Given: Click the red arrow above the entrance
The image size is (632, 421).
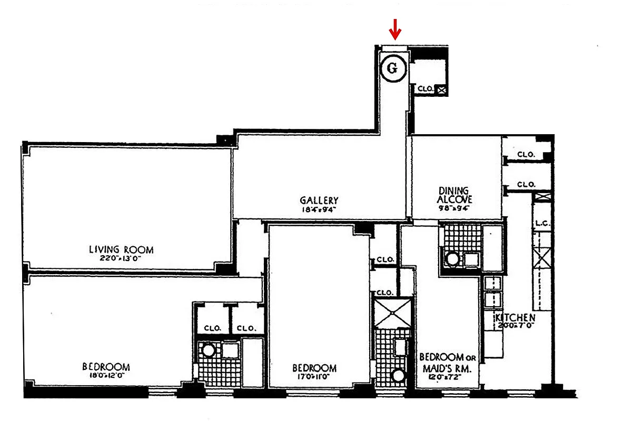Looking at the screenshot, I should click(x=395, y=32).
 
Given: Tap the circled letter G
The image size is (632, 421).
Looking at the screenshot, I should click(x=394, y=68).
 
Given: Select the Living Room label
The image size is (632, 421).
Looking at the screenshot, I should click(x=121, y=249).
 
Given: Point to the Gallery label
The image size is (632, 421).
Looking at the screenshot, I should click(x=319, y=201).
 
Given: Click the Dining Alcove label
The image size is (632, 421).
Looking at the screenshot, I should click(x=455, y=195).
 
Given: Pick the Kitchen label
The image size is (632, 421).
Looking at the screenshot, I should click(x=515, y=318).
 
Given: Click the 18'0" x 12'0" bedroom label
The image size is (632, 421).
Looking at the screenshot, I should click(x=106, y=367).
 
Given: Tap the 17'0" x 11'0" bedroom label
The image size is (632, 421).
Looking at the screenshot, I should click(x=314, y=368).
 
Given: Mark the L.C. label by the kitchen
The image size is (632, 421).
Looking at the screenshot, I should click(x=542, y=223).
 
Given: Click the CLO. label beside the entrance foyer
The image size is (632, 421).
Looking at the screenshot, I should click(x=426, y=90).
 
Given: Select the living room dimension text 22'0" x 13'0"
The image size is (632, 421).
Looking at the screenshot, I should click(x=121, y=258).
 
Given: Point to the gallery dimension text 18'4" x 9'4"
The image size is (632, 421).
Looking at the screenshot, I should click(x=319, y=209).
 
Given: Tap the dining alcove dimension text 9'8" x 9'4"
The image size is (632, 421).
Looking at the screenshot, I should click(x=454, y=208).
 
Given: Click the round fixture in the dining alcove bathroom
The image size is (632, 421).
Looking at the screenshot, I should click(x=452, y=259).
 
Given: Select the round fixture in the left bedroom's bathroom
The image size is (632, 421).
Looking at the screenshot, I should click(x=209, y=350).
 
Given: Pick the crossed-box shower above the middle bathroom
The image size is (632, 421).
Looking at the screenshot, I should click(x=392, y=313).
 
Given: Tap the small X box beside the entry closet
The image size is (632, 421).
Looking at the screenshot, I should click(x=442, y=90).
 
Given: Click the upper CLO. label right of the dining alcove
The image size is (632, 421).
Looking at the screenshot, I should click(x=526, y=155).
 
